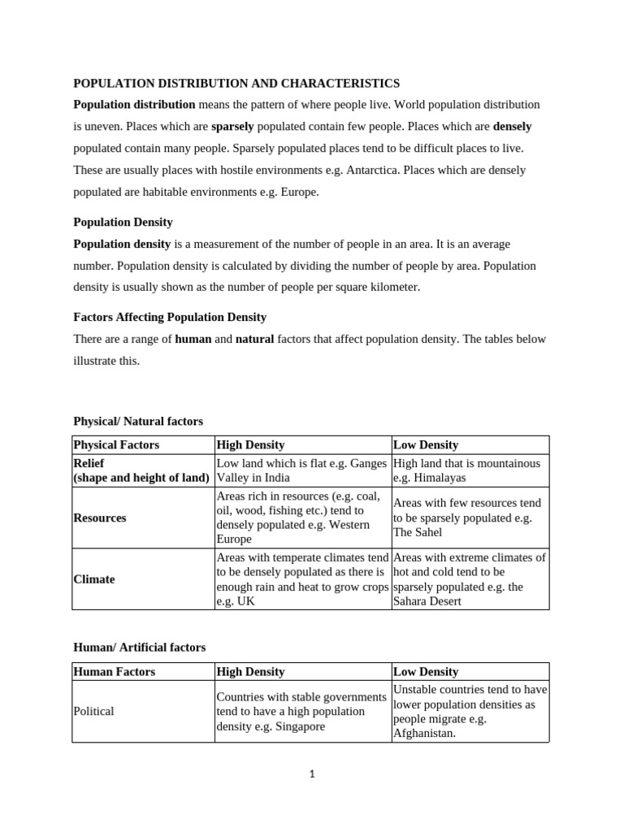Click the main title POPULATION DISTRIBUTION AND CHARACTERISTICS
click(236, 83)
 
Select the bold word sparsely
click(232, 127)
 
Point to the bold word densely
click(512, 127)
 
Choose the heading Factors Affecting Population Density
click(170, 317)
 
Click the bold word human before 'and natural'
click(193, 339)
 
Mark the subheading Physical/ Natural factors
click(138, 421)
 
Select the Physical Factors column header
click(116, 444)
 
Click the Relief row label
click(89, 463)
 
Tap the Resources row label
click(100, 518)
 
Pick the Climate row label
click(94, 579)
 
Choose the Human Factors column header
click(114, 671)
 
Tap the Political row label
click(93, 711)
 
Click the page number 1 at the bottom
click(312, 774)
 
